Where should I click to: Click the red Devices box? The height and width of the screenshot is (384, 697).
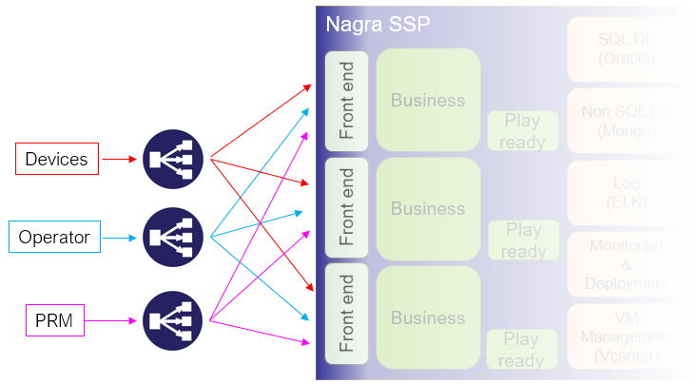56,159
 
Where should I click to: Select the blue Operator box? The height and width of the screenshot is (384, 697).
54,237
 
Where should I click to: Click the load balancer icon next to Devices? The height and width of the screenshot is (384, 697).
174,159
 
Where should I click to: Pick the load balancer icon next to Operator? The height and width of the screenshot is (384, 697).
174,237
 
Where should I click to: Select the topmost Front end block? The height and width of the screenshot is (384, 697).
346,100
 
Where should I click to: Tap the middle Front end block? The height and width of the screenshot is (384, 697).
346,208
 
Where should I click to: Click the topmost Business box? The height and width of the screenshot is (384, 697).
428,100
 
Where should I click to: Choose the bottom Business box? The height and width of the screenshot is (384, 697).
428,317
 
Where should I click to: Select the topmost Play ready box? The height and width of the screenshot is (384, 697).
523,131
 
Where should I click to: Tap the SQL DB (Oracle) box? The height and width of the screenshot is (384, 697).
626,48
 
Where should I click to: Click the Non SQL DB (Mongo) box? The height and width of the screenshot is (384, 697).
626,121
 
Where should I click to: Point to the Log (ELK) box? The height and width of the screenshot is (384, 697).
626,193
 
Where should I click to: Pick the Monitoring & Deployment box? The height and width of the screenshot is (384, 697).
626,264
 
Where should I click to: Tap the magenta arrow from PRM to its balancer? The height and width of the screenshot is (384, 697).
119,322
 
